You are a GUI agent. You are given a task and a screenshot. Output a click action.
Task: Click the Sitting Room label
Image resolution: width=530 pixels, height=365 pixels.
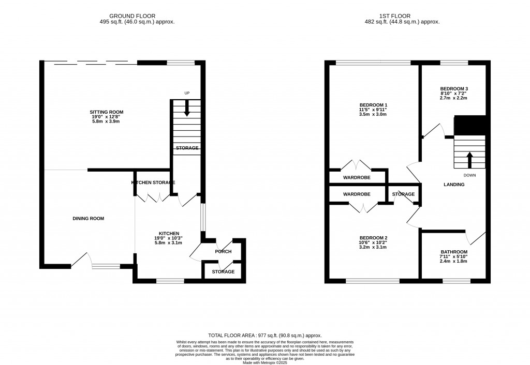click(x=107, y=112)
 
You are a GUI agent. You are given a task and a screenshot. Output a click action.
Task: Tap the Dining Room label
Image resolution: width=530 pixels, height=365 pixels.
click(x=89, y=219)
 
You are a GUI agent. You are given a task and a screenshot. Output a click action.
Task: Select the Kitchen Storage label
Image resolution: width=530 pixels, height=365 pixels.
click(x=153, y=183)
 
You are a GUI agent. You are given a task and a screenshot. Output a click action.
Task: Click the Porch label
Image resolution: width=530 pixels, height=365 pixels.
click(x=223, y=252)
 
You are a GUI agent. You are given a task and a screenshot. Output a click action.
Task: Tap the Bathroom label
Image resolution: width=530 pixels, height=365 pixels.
click(x=453, y=252)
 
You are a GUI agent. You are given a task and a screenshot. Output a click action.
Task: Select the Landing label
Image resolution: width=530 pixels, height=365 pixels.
click(x=454, y=185)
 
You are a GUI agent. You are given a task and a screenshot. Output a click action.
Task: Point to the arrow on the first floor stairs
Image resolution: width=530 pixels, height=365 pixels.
click(x=470, y=160)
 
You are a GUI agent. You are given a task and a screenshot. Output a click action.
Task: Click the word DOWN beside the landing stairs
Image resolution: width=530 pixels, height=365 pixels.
click(x=469, y=175)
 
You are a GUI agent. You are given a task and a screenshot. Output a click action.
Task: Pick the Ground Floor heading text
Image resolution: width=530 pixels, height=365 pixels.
click(x=133, y=16)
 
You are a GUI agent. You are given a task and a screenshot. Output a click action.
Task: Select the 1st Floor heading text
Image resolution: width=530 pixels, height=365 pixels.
click(x=402, y=16)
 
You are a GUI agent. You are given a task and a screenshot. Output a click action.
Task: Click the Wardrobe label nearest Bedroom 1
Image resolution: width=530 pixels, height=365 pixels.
click(x=357, y=177)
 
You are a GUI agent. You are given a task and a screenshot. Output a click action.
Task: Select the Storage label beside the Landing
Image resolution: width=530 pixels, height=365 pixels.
click(x=403, y=194)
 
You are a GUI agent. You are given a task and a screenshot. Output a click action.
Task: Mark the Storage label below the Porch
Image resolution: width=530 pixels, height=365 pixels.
click(x=223, y=272)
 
